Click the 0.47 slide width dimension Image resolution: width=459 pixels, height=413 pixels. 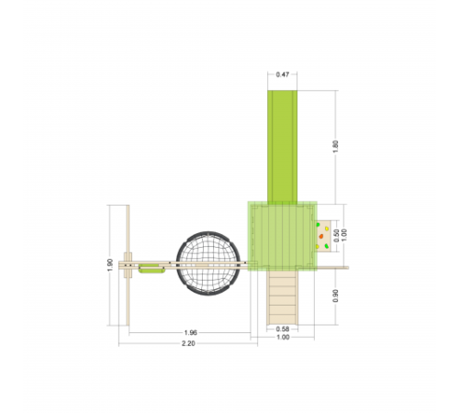[282, 74]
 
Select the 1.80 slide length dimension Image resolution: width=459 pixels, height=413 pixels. [336, 147]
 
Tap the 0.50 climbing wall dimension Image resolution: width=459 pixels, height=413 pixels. [336, 236]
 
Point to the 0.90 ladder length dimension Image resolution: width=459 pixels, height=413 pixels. [336, 296]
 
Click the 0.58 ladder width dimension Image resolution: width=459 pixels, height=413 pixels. [283, 329]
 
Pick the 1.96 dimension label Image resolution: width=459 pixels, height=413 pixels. [190, 332]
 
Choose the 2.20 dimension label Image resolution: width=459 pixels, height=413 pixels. [188, 343]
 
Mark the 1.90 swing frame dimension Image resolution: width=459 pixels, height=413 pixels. [110, 265]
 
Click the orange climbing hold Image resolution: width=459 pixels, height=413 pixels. [321, 236]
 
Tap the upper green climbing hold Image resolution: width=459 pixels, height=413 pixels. [318, 225]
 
